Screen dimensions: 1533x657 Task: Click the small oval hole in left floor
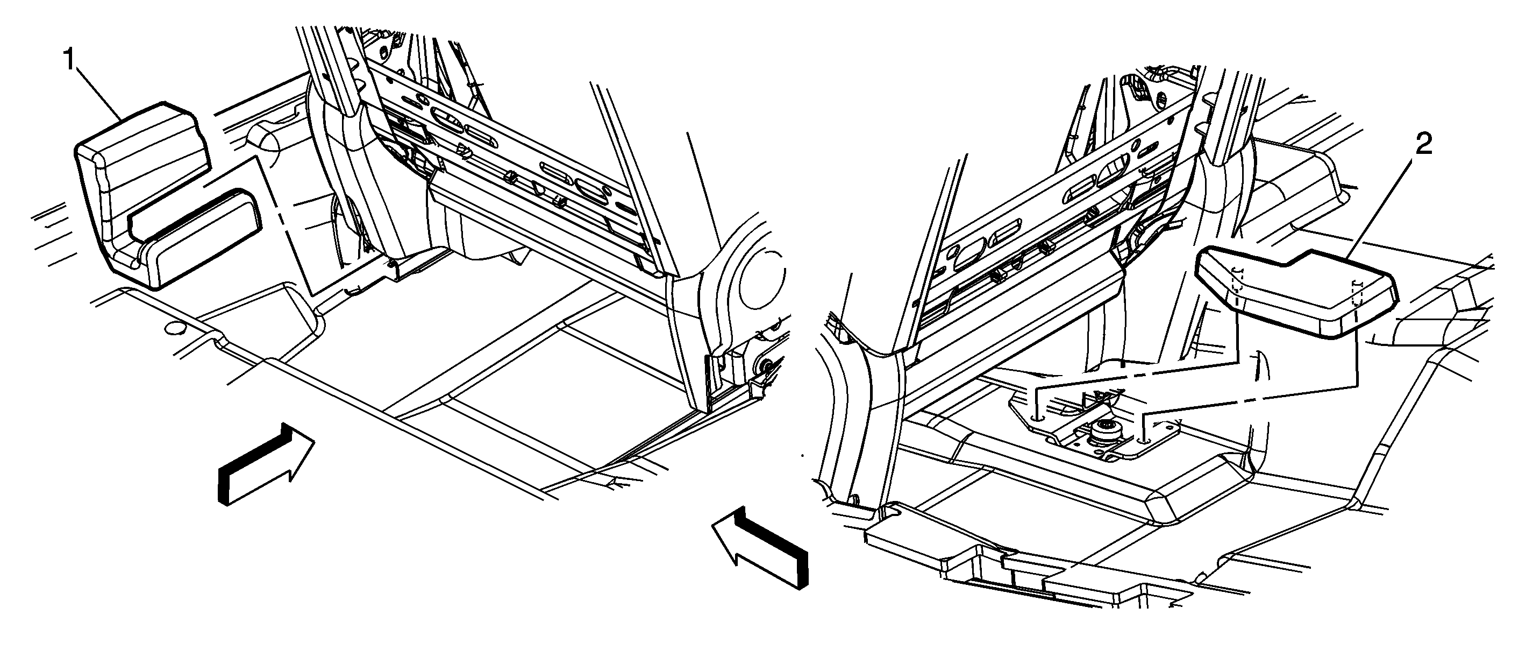(x=174, y=328)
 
